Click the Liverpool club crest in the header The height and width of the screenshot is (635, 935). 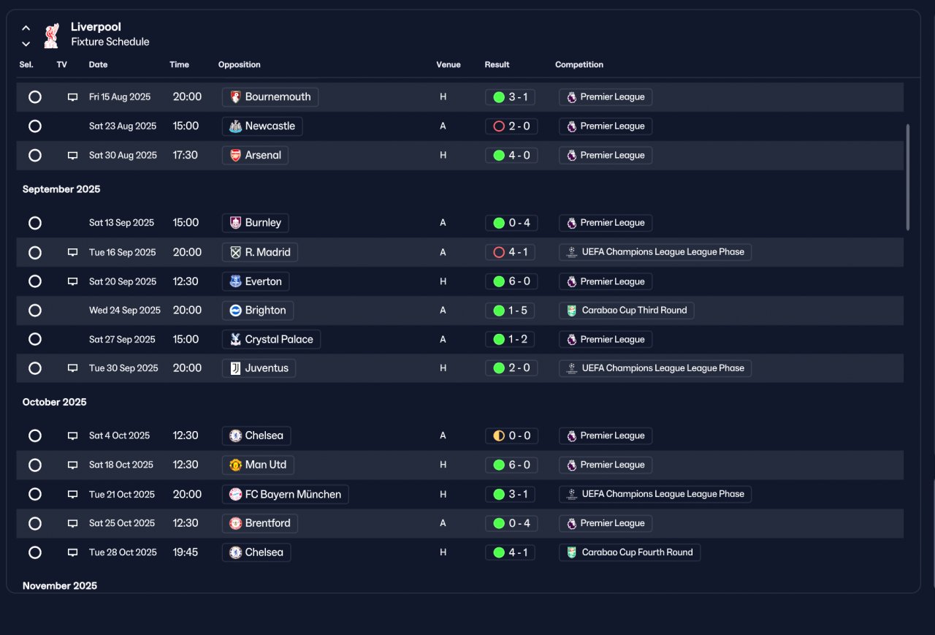tap(51, 36)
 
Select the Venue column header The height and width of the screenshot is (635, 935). tap(449, 65)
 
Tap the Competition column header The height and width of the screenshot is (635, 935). tap(579, 65)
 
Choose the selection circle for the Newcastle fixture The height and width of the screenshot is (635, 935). tap(35, 126)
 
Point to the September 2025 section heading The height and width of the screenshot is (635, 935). tap(61, 189)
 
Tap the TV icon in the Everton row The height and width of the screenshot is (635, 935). tap(72, 281)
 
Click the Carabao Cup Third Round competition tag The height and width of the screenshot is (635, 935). tap(627, 311)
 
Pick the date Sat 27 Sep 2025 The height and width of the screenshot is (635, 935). tap(122, 339)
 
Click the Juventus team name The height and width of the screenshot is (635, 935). tap(267, 368)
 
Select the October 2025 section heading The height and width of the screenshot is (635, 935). tap(54, 402)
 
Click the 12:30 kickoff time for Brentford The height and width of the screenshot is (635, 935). tap(186, 523)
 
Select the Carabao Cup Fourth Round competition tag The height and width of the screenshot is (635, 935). tap(630, 552)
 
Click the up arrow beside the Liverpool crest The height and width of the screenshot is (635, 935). tap(26, 28)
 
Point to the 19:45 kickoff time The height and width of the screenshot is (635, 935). tap(186, 552)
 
